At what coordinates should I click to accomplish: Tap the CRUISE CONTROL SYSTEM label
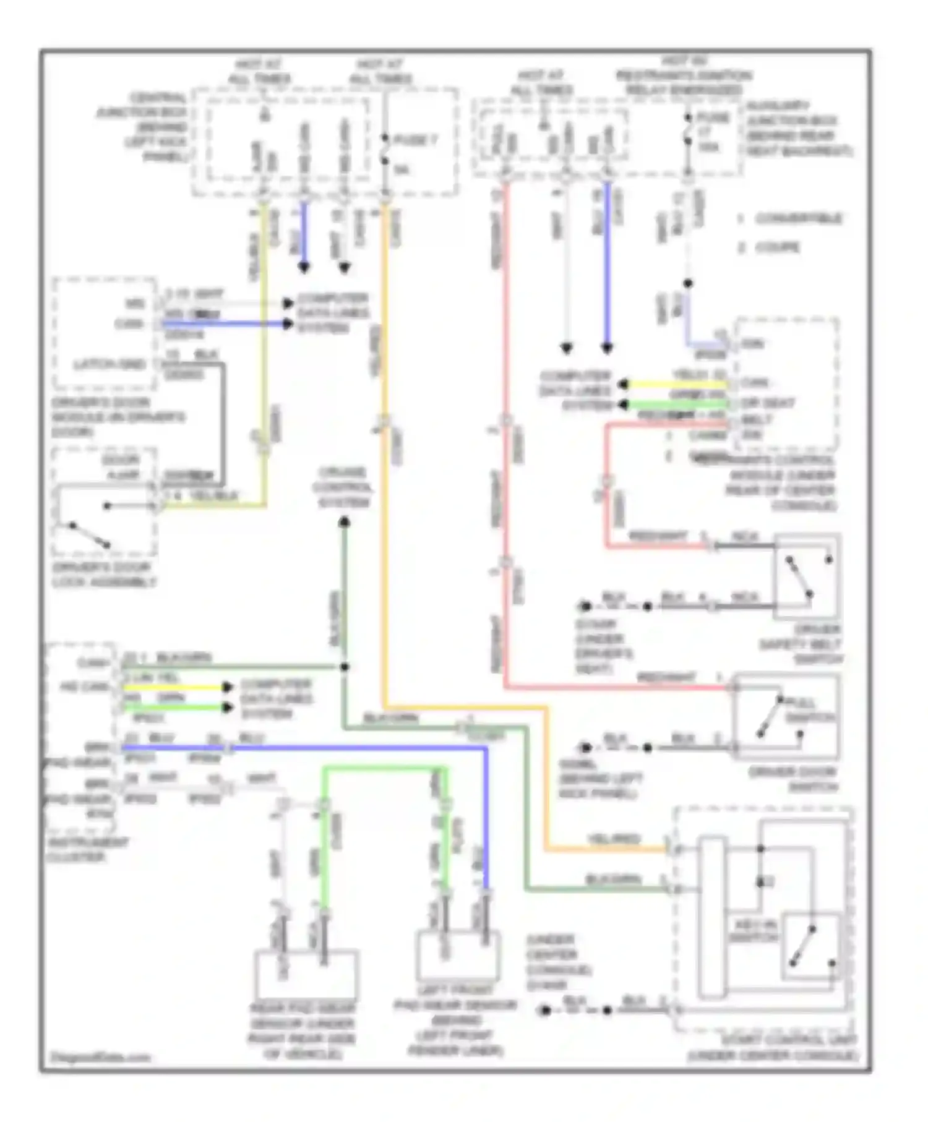point(345,488)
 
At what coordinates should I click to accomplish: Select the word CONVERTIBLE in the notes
point(798,219)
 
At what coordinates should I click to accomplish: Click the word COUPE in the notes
point(777,248)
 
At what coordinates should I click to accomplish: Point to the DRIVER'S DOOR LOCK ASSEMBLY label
point(104,575)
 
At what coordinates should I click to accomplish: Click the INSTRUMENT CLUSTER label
point(87,850)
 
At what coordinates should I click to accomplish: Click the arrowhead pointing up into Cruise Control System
point(345,524)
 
